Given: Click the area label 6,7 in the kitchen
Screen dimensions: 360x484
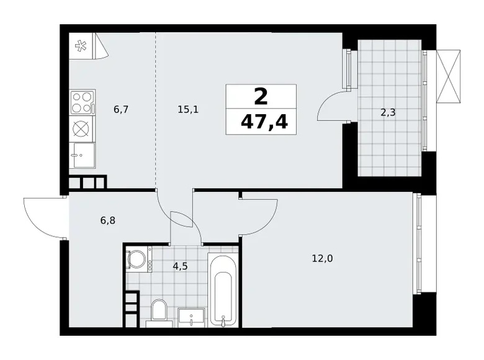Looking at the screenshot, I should pos(120,110).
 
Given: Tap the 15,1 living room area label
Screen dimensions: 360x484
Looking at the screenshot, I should pos(188,110).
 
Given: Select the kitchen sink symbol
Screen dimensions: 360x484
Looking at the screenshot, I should pos(82,156).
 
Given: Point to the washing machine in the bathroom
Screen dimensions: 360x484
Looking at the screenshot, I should pos(138,259).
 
